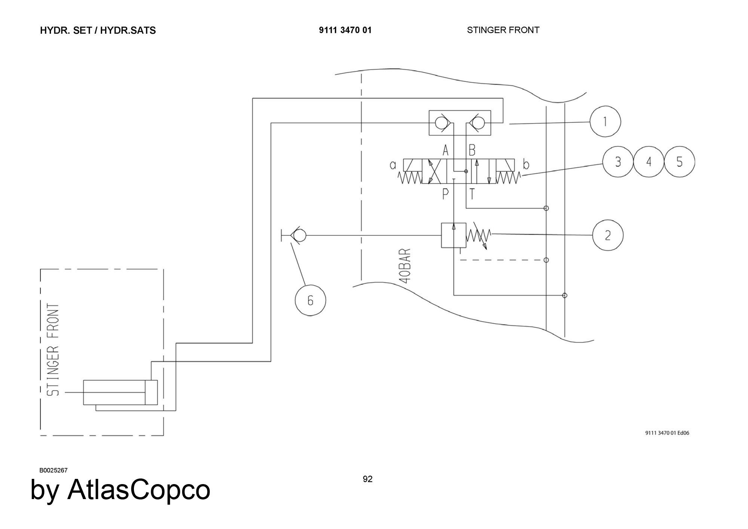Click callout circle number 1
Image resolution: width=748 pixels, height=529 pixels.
tap(605, 122)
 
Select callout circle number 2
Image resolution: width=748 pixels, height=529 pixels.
tap(608, 235)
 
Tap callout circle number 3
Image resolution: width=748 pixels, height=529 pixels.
tap(618, 162)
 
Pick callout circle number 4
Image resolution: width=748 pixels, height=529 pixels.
tap(649, 162)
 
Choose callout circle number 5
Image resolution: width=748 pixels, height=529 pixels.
tap(680, 162)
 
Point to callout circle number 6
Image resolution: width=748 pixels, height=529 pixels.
tap(310, 300)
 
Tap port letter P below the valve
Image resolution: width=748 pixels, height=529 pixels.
tap(445, 194)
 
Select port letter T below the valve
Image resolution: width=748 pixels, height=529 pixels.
tap(472, 194)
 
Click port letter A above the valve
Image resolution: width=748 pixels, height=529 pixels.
tap(445, 151)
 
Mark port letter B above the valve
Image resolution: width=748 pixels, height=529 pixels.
tap(472, 151)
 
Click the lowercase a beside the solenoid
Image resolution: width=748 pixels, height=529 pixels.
tap(393, 165)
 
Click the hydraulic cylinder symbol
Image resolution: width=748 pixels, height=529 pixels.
tap(120, 392)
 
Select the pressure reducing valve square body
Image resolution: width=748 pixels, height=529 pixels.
tap(454, 235)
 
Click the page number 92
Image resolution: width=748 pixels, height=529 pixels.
tap(368, 479)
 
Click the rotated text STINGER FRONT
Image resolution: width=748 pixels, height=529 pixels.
tap(53, 350)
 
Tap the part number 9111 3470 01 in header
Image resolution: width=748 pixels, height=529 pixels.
tap(345, 30)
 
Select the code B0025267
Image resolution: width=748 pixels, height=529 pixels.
tap(53, 470)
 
